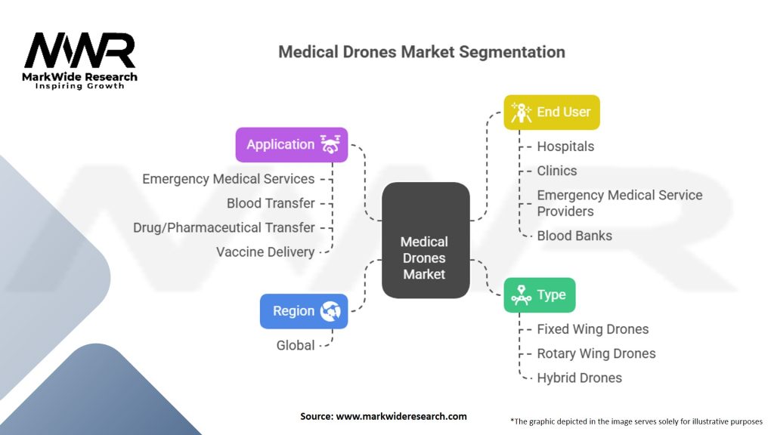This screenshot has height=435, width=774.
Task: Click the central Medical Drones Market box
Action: (x=425, y=240)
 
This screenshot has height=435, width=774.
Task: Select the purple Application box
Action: (x=292, y=144)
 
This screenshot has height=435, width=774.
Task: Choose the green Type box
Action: (x=539, y=295)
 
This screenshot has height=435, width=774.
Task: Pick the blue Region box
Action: (x=304, y=311)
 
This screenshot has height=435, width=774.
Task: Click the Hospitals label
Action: (x=565, y=147)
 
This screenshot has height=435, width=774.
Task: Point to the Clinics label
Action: (x=556, y=171)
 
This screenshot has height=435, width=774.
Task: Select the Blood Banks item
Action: (x=574, y=236)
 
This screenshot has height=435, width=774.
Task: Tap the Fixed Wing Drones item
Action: (x=593, y=329)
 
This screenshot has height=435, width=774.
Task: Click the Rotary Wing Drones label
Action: (x=596, y=353)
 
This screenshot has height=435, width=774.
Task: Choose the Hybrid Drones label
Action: (x=579, y=378)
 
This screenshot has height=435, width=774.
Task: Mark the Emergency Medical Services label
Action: (x=228, y=179)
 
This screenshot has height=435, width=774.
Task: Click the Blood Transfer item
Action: (x=271, y=203)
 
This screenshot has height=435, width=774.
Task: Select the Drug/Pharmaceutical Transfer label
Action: (x=224, y=227)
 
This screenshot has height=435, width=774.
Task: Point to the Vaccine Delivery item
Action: (x=265, y=251)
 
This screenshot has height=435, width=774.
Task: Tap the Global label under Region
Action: (x=296, y=345)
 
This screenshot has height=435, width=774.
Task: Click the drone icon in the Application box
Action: (x=330, y=144)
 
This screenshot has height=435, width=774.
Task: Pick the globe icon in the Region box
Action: (x=331, y=311)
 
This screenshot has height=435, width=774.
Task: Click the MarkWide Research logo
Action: (x=80, y=61)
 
